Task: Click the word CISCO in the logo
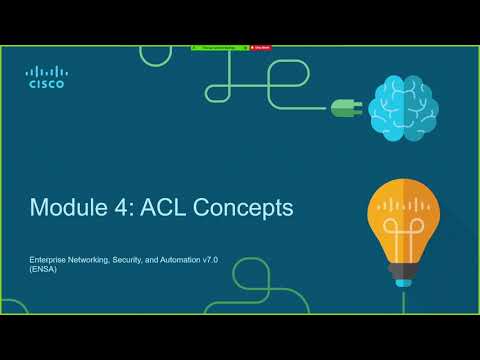click(46, 85)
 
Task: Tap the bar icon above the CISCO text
click(46, 71)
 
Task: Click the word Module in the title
click(66, 208)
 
